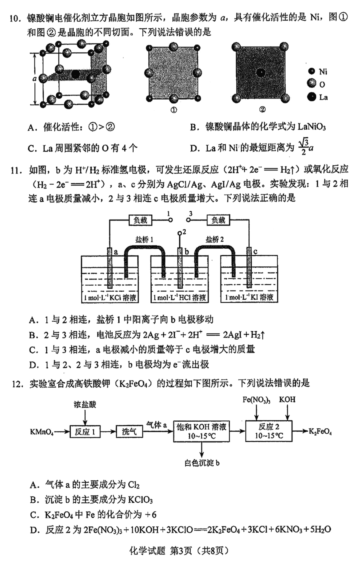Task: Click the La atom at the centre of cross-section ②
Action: (x=261, y=73)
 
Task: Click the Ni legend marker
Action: (x=311, y=71)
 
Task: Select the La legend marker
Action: (x=311, y=97)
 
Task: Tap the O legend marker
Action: (x=311, y=84)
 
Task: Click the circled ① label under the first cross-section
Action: (x=174, y=110)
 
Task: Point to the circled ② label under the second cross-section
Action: (x=262, y=110)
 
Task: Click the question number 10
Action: (x=16, y=18)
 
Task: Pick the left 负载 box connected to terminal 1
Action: (x=140, y=220)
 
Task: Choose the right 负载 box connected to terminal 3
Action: (x=218, y=220)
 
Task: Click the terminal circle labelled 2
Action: (x=180, y=233)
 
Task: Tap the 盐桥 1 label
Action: (x=144, y=240)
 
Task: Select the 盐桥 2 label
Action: (x=214, y=240)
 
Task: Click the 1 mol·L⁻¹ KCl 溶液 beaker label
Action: (x=110, y=298)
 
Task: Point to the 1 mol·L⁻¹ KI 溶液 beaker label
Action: (x=249, y=298)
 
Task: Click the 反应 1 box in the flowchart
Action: (x=85, y=432)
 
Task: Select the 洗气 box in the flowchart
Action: (x=129, y=432)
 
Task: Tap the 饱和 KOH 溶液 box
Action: (x=202, y=431)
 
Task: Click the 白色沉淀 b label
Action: (x=202, y=463)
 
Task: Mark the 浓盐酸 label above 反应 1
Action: (x=85, y=404)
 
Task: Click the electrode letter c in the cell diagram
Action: (x=255, y=251)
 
